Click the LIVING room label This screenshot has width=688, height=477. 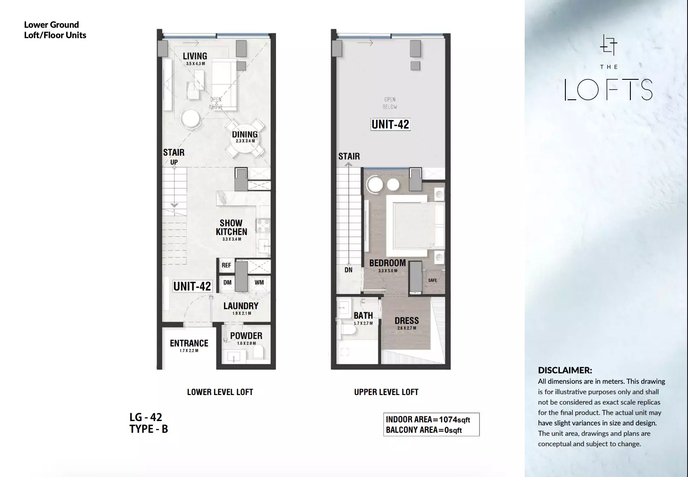[x=195, y=56]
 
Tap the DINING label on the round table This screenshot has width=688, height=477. [x=245, y=134]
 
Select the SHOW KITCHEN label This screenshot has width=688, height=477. [x=231, y=227]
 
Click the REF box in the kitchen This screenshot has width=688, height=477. [x=226, y=265]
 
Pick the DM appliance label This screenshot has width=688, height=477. [x=227, y=282]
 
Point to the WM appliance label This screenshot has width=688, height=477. [x=259, y=282]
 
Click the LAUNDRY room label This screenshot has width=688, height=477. [x=241, y=306]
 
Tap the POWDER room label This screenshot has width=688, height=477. [x=247, y=336]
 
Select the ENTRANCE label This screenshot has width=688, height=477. [x=189, y=343]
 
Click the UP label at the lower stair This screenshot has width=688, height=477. [x=174, y=162]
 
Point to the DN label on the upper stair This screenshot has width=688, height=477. [x=349, y=270]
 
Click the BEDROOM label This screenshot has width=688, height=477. [x=388, y=263]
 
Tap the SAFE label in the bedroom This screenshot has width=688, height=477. [x=432, y=280]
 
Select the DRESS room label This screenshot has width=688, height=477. [x=407, y=321]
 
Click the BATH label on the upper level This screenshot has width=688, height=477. [x=363, y=316]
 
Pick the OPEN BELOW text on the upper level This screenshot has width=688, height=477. [x=390, y=103]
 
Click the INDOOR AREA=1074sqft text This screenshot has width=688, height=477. [x=428, y=419]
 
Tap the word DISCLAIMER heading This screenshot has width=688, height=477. [x=565, y=370]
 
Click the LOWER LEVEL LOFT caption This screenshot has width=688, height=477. [x=220, y=392]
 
